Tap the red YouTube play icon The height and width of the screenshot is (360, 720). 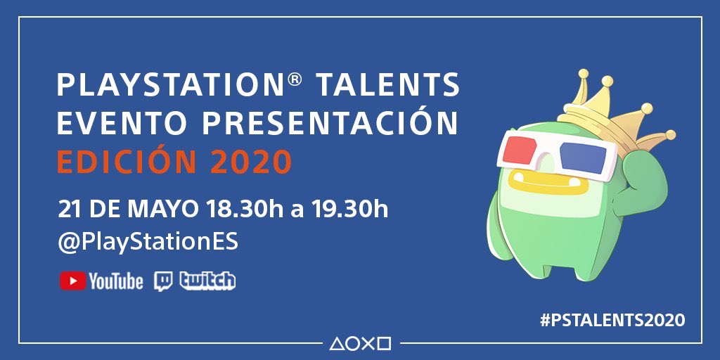pyautogui.click(x=72, y=281)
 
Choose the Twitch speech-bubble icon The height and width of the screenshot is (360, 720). pyautogui.click(x=163, y=281)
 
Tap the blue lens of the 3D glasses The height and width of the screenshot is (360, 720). pyautogui.click(x=586, y=155)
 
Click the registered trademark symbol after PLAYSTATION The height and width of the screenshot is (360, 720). pyautogui.click(x=295, y=79)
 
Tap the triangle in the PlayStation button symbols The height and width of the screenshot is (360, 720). pyautogui.click(x=336, y=344)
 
